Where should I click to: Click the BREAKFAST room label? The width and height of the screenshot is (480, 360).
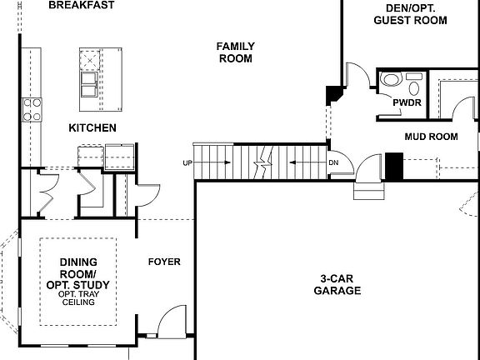(x=82, y=5)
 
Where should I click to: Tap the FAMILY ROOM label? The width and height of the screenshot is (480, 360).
(x=236, y=52)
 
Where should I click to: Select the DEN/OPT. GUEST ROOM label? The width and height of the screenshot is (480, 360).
(x=405, y=13)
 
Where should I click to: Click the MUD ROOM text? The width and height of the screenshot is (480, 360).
(x=431, y=136)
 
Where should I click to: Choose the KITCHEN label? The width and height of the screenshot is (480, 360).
(x=92, y=127)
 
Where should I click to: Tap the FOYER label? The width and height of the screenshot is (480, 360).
(x=164, y=262)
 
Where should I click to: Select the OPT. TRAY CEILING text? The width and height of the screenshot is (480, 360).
(x=77, y=298)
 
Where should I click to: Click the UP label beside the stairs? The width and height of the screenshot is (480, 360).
(x=187, y=162)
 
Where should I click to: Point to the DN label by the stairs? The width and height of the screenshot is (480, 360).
(x=333, y=162)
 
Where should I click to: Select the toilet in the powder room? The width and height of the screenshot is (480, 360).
(x=390, y=82)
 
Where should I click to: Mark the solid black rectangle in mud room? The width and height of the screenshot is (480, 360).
(x=393, y=166)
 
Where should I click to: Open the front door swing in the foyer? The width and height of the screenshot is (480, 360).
(x=172, y=322)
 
